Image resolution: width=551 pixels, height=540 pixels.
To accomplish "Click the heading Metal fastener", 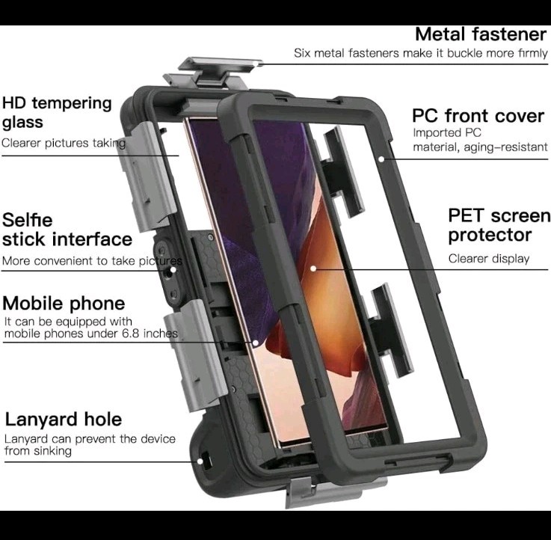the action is (480, 34).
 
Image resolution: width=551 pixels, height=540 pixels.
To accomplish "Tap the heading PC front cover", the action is (478, 117).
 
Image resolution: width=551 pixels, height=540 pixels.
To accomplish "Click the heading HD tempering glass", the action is (56, 112).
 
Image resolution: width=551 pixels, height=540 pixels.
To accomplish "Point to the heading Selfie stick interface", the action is (67, 230).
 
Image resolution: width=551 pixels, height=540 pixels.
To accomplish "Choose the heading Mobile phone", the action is (64, 304).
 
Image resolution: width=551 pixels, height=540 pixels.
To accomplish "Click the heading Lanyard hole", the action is (64, 419).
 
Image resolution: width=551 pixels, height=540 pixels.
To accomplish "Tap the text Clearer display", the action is (489, 259).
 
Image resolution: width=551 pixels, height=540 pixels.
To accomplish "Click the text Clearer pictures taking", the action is (64, 142).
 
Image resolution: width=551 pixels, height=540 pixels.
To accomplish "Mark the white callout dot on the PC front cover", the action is (381, 158).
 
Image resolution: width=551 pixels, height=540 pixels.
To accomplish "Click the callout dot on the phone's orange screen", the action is (313, 267).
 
